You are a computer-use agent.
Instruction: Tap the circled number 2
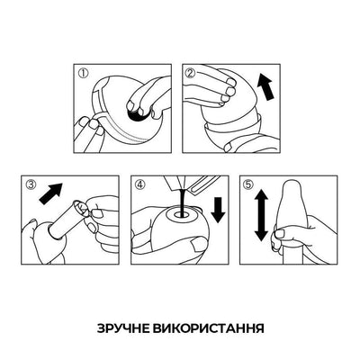191,74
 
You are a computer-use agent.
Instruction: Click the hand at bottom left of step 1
93,135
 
